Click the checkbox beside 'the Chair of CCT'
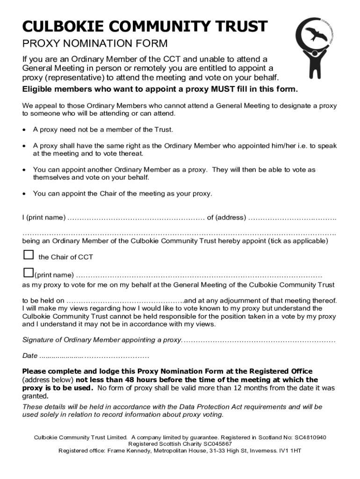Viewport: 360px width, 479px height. click(29, 255)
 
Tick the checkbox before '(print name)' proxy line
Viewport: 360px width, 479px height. click(28, 273)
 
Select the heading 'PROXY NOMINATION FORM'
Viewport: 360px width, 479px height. click(95, 44)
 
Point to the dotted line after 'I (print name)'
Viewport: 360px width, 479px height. click(136, 218)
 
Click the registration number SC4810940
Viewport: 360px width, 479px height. click(310, 437)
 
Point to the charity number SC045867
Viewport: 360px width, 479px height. click(216, 443)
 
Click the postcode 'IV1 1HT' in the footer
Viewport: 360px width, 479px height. click(289, 450)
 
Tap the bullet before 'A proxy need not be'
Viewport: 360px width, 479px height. click(25, 130)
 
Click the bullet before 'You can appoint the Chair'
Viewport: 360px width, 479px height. click(25, 194)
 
